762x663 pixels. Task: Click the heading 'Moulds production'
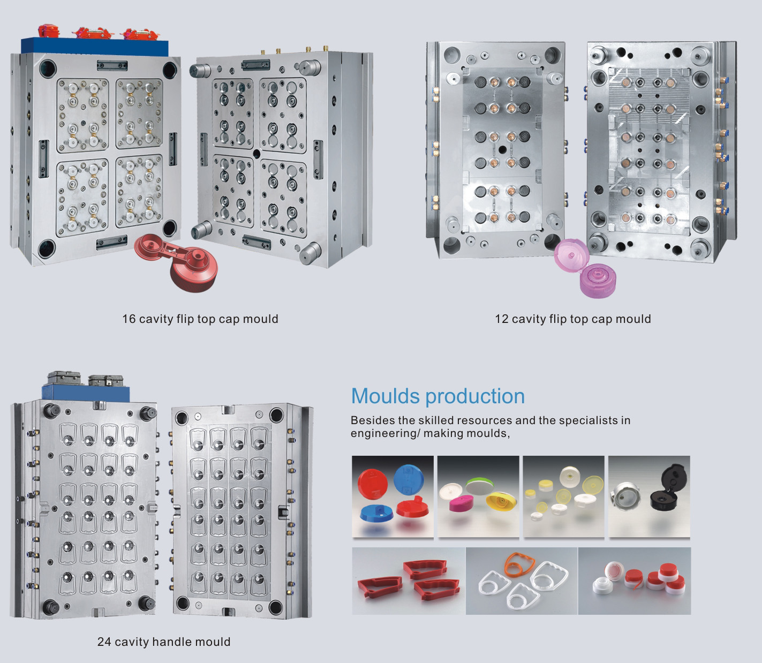tap(437, 396)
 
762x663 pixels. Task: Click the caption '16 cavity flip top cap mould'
tap(200, 319)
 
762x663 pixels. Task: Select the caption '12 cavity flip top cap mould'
tap(572, 319)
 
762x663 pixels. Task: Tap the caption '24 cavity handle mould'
tap(164, 642)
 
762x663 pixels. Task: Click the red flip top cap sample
tap(177, 261)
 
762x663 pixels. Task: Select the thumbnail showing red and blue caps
tap(393, 496)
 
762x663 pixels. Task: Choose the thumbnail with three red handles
tap(409, 581)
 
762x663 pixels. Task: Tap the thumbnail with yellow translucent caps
tap(563, 496)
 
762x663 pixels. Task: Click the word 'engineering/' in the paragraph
tap(385, 433)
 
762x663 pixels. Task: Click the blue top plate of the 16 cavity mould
tap(95, 46)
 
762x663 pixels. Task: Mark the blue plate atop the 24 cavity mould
tap(86, 393)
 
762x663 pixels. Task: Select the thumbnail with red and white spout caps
tap(634, 581)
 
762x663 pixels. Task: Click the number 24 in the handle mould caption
tap(104, 642)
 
